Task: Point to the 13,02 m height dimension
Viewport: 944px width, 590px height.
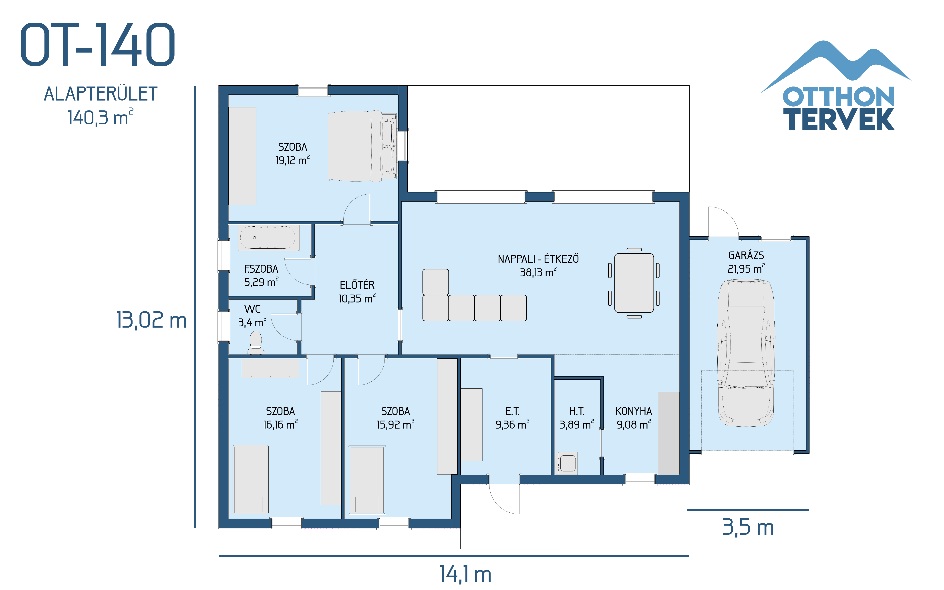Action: (x=151, y=320)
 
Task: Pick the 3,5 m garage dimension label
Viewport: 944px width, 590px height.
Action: (x=748, y=527)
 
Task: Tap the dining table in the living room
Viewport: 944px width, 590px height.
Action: (x=634, y=283)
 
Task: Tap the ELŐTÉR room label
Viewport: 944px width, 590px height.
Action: (x=357, y=285)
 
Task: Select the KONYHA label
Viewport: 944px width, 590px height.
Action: (x=634, y=411)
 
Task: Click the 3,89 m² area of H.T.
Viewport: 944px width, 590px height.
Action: (x=577, y=425)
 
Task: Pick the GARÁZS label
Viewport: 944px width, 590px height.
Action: (x=746, y=256)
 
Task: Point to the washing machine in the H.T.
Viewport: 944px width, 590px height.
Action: (x=567, y=463)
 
